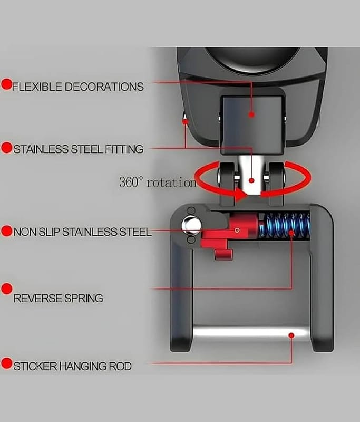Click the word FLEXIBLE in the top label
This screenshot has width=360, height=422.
click(37, 87)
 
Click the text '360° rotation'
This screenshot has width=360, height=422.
click(158, 182)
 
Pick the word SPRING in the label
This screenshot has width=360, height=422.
click(84, 298)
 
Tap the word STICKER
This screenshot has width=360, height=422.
click(35, 366)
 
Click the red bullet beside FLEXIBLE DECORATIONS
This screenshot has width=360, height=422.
click(6, 84)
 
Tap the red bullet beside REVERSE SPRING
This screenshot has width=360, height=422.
click(7, 289)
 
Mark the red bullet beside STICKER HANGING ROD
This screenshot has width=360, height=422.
click(7, 363)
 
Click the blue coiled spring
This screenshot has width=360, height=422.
click(285, 225)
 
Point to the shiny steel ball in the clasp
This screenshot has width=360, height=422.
click(191, 225)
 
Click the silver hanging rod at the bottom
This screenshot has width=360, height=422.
click(251, 333)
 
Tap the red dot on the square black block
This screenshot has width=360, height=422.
click(251, 114)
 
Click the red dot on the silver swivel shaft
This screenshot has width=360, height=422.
click(251, 180)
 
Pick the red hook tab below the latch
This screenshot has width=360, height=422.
click(223, 254)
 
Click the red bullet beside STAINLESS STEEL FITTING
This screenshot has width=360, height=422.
click(7, 148)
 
